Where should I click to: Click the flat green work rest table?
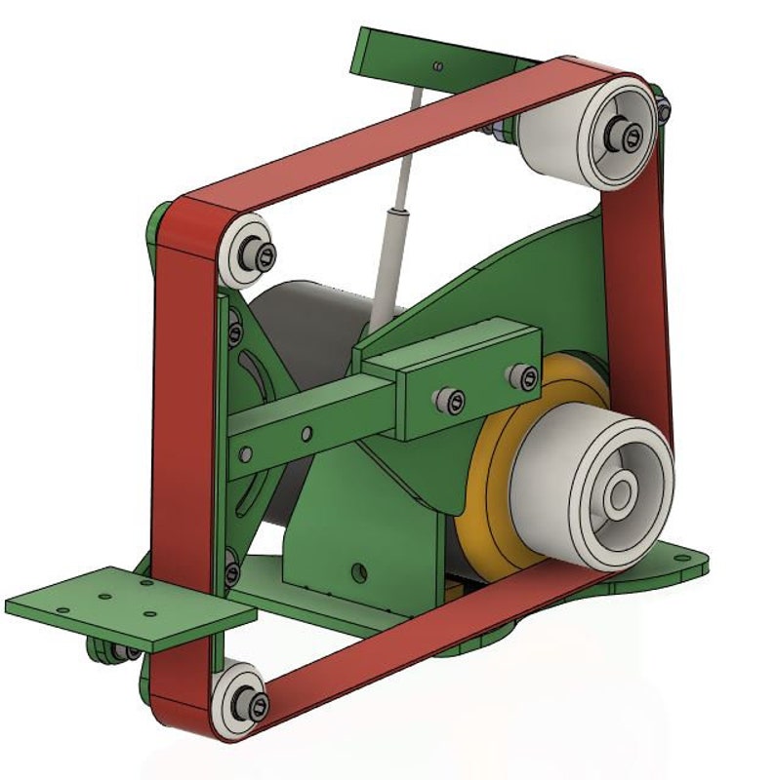[127, 604]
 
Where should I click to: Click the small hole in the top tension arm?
[438, 66]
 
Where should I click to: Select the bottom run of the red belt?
[429, 634]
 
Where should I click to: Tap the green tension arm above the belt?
[410, 54]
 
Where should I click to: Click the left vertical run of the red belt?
[185, 439]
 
